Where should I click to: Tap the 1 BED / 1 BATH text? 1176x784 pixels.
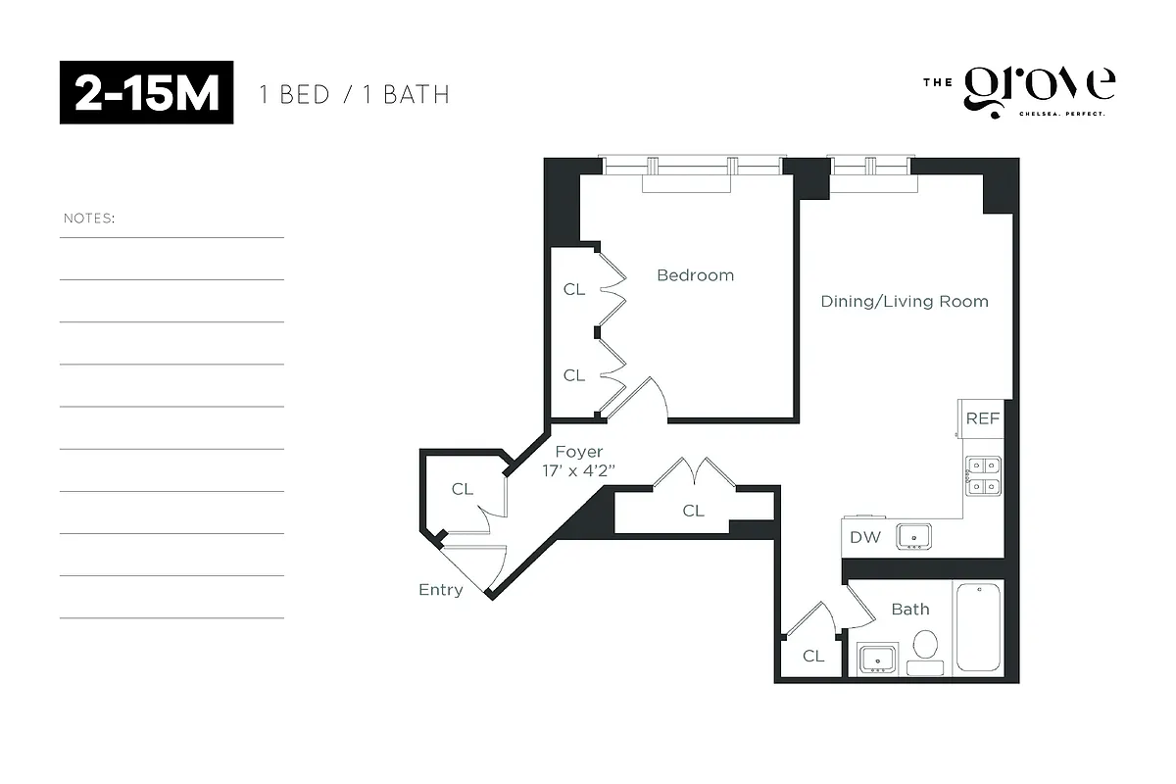(354, 95)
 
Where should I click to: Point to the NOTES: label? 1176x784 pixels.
(89, 218)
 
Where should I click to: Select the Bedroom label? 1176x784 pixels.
(695, 275)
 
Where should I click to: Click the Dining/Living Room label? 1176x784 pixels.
(904, 301)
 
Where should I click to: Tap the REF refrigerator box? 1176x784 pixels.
(982, 418)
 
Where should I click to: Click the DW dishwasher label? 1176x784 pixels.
(864, 536)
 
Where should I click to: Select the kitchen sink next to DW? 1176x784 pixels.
(914, 536)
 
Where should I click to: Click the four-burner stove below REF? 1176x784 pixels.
(982, 474)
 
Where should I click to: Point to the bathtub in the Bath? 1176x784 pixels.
(977, 627)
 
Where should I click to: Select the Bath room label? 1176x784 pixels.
(909, 609)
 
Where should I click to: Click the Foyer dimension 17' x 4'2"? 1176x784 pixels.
(578, 470)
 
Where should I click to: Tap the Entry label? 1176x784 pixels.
(440, 590)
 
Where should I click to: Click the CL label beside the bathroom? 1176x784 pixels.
(812, 656)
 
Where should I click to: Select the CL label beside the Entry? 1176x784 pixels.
(462, 489)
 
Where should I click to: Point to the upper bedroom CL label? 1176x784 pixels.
(573, 289)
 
